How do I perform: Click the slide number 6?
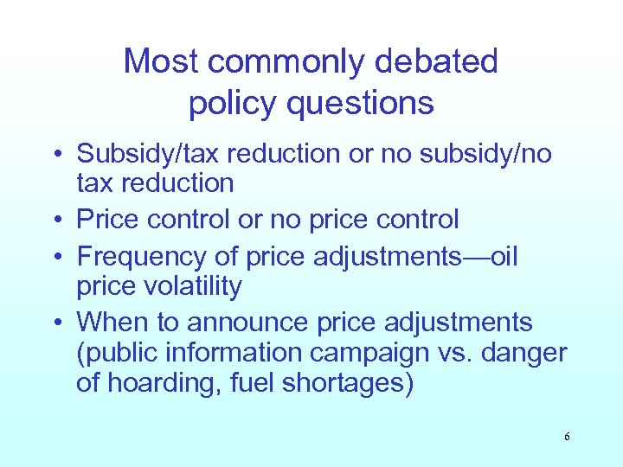(567, 437)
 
